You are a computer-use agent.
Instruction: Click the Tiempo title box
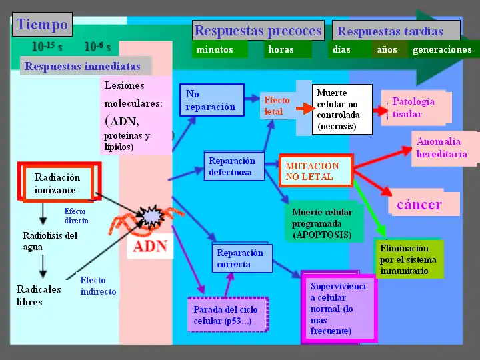coord(42,25)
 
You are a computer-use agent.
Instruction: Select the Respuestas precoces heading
coord(258,31)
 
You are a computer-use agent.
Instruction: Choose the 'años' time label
coord(387,49)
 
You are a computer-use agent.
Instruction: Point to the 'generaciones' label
coord(443,49)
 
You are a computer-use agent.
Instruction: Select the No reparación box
coord(211,101)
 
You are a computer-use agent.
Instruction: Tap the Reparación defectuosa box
coord(231,167)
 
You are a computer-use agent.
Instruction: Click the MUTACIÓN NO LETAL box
coord(315,171)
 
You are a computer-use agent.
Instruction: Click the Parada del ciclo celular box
coord(227,315)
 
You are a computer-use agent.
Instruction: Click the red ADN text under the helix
coord(150,247)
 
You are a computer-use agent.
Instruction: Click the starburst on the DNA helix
coord(151,217)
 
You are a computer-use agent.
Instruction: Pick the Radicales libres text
coord(39,295)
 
